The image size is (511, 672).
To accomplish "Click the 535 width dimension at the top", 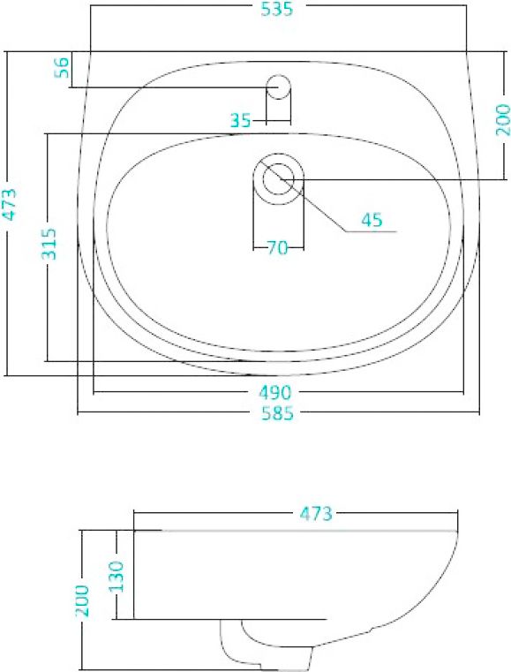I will point(275,10).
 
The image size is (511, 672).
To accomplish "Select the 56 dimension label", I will point(63,68).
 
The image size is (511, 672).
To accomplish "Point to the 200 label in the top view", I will point(502,120).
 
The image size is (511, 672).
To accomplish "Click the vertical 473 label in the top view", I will point(9,203).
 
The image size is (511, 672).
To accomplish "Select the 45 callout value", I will point(372,220).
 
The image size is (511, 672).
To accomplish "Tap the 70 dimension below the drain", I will point(278,248).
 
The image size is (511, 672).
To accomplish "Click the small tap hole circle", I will point(279,86).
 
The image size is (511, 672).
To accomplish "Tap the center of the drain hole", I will point(279,177).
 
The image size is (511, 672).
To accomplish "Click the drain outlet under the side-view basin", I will point(265,649).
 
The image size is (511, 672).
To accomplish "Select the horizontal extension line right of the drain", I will point(388,179).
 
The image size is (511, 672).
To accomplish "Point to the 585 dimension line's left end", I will point(79,413).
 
